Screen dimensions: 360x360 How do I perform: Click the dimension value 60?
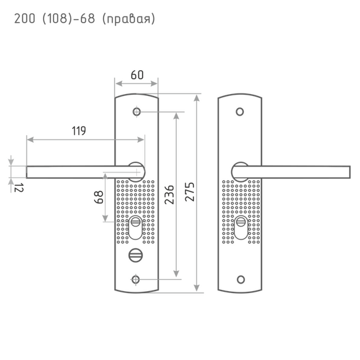[137, 75]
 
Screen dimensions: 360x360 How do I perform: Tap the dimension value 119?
[79, 131]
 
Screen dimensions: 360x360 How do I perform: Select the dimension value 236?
[169, 195]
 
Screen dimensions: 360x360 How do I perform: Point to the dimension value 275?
[189, 192]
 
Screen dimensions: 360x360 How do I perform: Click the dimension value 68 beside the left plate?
[99, 197]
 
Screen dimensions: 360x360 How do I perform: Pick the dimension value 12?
[18, 188]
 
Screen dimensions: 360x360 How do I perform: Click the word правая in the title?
[129, 18]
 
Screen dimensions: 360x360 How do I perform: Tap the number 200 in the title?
[25, 18]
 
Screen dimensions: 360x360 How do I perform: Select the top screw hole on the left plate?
[136, 112]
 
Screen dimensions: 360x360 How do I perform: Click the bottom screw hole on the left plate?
[135, 280]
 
